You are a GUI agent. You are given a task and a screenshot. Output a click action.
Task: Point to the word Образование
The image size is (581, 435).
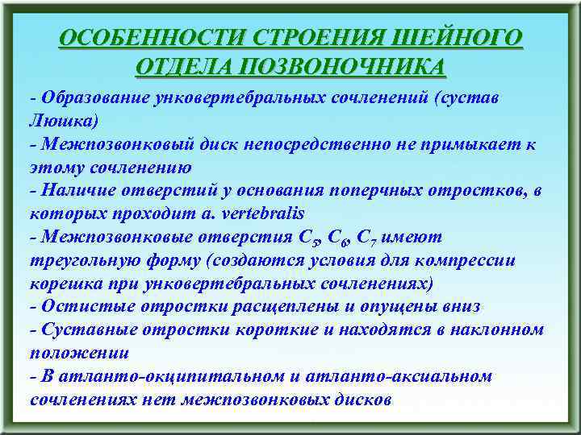point(94,98)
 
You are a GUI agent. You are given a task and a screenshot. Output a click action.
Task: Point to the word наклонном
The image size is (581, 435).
point(496,330)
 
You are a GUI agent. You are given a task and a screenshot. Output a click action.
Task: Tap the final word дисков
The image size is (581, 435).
point(364,400)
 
